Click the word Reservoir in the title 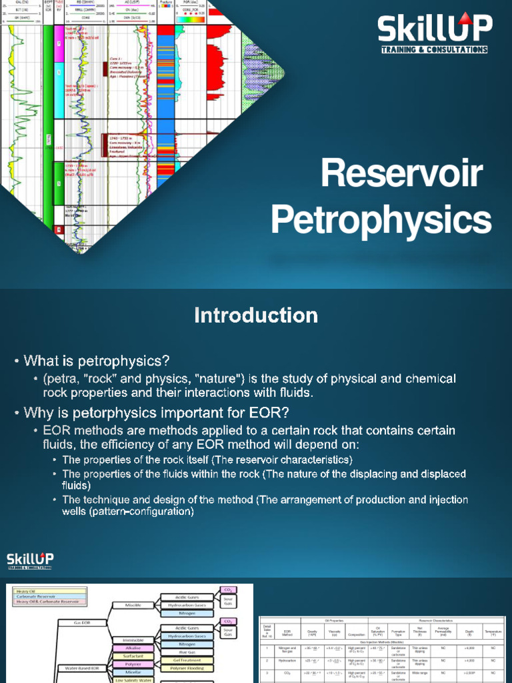(x=401, y=175)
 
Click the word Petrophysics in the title (x=381, y=219)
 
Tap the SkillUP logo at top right (x=434, y=34)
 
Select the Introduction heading (x=256, y=315)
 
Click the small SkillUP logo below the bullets (x=31, y=560)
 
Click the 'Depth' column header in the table (x=469, y=632)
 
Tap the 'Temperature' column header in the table (x=493, y=632)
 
